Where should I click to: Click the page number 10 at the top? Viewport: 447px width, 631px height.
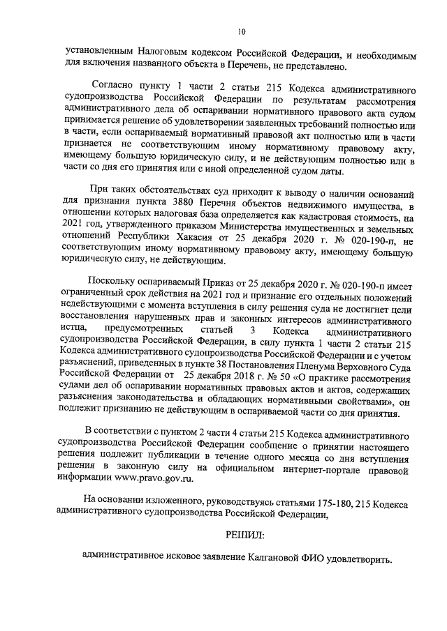click(x=241, y=31)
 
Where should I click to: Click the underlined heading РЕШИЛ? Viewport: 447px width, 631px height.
click(x=245, y=534)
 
